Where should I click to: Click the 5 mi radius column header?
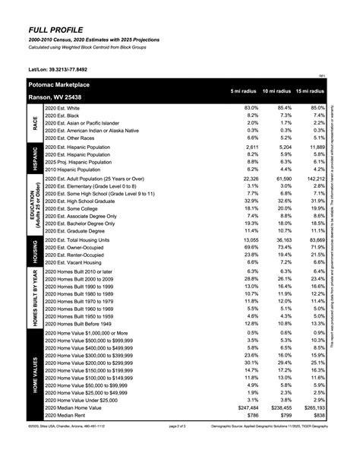pos(245,91)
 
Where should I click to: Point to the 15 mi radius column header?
pos(310,91)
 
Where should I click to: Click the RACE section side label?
pos(35,123)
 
